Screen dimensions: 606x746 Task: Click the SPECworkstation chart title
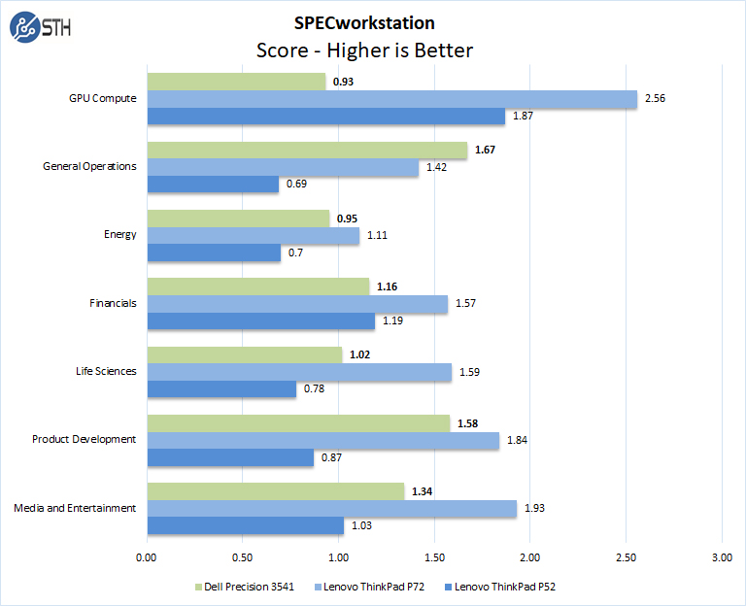pyautogui.click(x=364, y=23)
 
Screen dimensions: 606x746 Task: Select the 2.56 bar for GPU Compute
pyautogui.click(x=391, y=99)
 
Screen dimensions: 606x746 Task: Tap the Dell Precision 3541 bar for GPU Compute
pyautogui.click(x=236, y=82)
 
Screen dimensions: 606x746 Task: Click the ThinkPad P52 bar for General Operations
pyautogui.click(x=213, y=185)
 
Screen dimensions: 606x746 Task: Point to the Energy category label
pyautogui.click(x=120, y=235)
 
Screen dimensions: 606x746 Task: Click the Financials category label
pyautogui.click(x=112, y=303)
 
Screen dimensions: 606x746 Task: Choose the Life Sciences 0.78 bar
pyautogui.click(x=221, y=389)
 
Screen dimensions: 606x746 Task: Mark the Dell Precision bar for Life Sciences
pyautogui.click(x=245, y=354)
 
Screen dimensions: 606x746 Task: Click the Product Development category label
pyautogui.click(x=85, y=439)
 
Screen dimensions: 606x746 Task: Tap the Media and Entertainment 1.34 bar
pyautogui.click(x=275, y=491)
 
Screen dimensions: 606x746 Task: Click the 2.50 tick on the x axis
pyautogui.click(x=626, y=557)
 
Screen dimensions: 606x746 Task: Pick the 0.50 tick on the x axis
pyautogui.click(x=242, y=557)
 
